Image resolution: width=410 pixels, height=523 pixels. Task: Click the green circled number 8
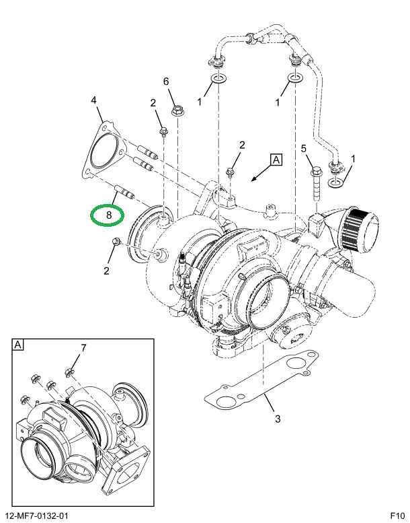pos(107,215)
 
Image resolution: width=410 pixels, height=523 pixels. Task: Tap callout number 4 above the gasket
pos(94,101)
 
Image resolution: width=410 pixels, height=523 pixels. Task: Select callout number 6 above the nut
pos(165,82)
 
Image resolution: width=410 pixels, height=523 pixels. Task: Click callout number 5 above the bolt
pos(303,148)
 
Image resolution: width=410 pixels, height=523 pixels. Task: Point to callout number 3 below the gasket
pos(276,422)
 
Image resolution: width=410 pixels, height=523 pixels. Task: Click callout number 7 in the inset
pos(84,348)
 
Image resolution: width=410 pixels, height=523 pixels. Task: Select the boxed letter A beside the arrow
pos(276,160)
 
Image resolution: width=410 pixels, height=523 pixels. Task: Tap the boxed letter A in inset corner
pos(17,345)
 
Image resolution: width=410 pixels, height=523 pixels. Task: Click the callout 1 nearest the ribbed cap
pos(354,160)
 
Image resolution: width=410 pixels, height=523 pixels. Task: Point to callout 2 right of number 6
pos(242,145)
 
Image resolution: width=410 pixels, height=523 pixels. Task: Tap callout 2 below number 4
pos(153,103)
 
